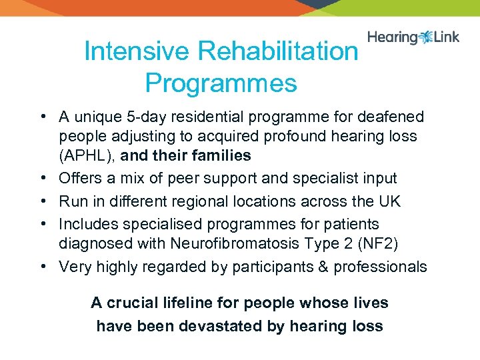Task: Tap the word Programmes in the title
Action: pos(221,83)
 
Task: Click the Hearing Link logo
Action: pos(413,37)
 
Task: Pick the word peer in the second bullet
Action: pos(189,178)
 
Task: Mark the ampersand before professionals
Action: pos(323,267)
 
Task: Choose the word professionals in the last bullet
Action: pos(380,267)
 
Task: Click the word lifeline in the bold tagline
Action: pos(192,303)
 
